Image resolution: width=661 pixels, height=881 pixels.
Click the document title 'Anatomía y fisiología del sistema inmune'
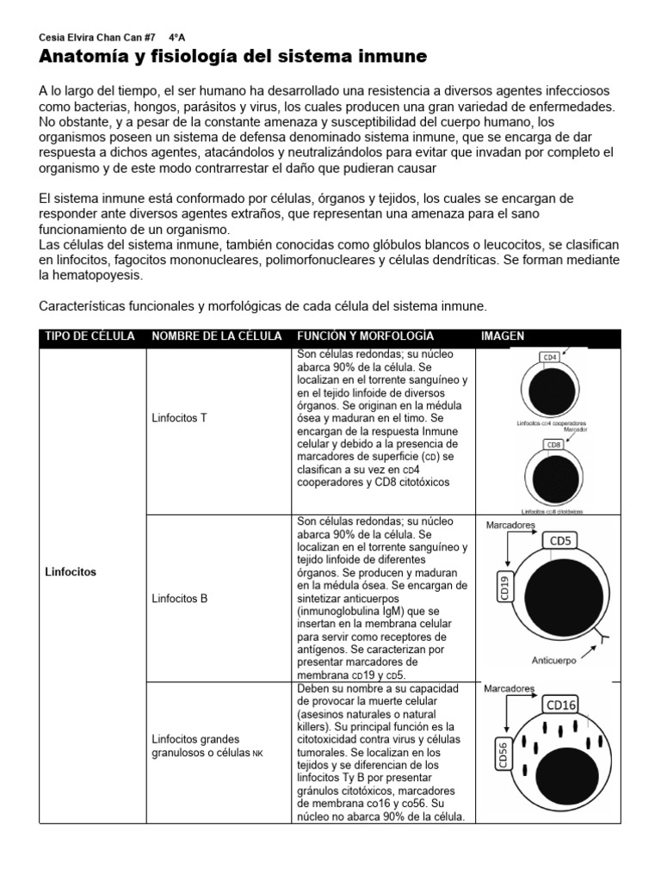coord(233,58)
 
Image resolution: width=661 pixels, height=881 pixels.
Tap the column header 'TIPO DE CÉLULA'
coord(89,336)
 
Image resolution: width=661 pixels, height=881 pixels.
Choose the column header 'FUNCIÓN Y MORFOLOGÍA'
coord(365,336)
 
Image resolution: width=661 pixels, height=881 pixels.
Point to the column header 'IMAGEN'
coord(503,336)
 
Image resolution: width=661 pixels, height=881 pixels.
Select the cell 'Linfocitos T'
coord(179,418)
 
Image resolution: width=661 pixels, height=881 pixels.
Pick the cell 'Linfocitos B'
coord(179,598)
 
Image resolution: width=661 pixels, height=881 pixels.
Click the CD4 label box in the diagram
coord(548,356)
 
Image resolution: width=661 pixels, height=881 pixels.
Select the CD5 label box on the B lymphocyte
coord(560,541)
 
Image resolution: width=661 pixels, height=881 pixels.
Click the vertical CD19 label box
coord(503,588)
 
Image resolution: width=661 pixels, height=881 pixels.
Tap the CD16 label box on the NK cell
coord(561,705)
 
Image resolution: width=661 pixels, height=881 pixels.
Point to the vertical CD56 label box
coord(503,754)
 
